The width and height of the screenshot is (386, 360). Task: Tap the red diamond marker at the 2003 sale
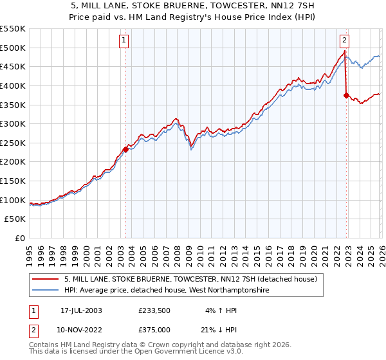coord(125,149)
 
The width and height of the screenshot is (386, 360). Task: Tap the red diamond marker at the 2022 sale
coord(346,96)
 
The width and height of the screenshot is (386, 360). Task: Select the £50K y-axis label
coord(15,219)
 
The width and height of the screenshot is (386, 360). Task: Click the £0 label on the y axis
coord(21,239)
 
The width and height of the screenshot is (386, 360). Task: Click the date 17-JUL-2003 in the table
coord(80,310)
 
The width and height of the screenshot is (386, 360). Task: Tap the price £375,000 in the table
coord(154,329)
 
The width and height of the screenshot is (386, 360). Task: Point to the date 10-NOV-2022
coord(80,329)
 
